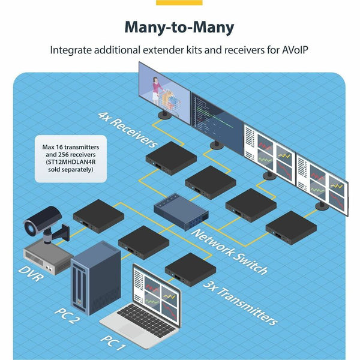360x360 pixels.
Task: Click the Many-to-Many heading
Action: [x=179, y=28]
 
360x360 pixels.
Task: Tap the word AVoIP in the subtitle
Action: [x=295, y=51]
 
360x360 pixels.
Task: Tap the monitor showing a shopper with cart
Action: [x=164, y=90]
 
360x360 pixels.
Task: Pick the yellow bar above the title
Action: [x=179, y=2]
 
